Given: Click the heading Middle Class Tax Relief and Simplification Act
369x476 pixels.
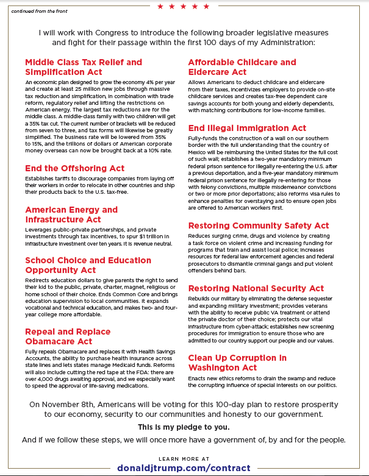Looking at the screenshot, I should point(83,67).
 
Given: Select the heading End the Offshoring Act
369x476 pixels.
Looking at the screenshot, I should point(74,168).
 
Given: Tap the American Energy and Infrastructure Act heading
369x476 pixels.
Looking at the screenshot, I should point(71,215).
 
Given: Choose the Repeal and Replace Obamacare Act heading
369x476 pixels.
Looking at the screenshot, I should point(68,336).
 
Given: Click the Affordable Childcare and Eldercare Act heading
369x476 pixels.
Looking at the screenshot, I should point(242,67).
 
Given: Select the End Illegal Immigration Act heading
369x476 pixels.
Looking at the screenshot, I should point(247,129).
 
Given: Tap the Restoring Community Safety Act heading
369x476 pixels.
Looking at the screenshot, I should point(258,226).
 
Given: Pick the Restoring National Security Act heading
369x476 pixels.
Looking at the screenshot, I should point(256,288).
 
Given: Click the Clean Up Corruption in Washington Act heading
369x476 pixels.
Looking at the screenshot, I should point(237,363).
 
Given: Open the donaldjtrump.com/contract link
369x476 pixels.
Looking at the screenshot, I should point(184,467).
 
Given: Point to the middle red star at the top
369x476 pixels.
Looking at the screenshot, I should point(184,7).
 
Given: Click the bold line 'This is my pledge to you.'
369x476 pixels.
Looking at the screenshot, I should point(184,427).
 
